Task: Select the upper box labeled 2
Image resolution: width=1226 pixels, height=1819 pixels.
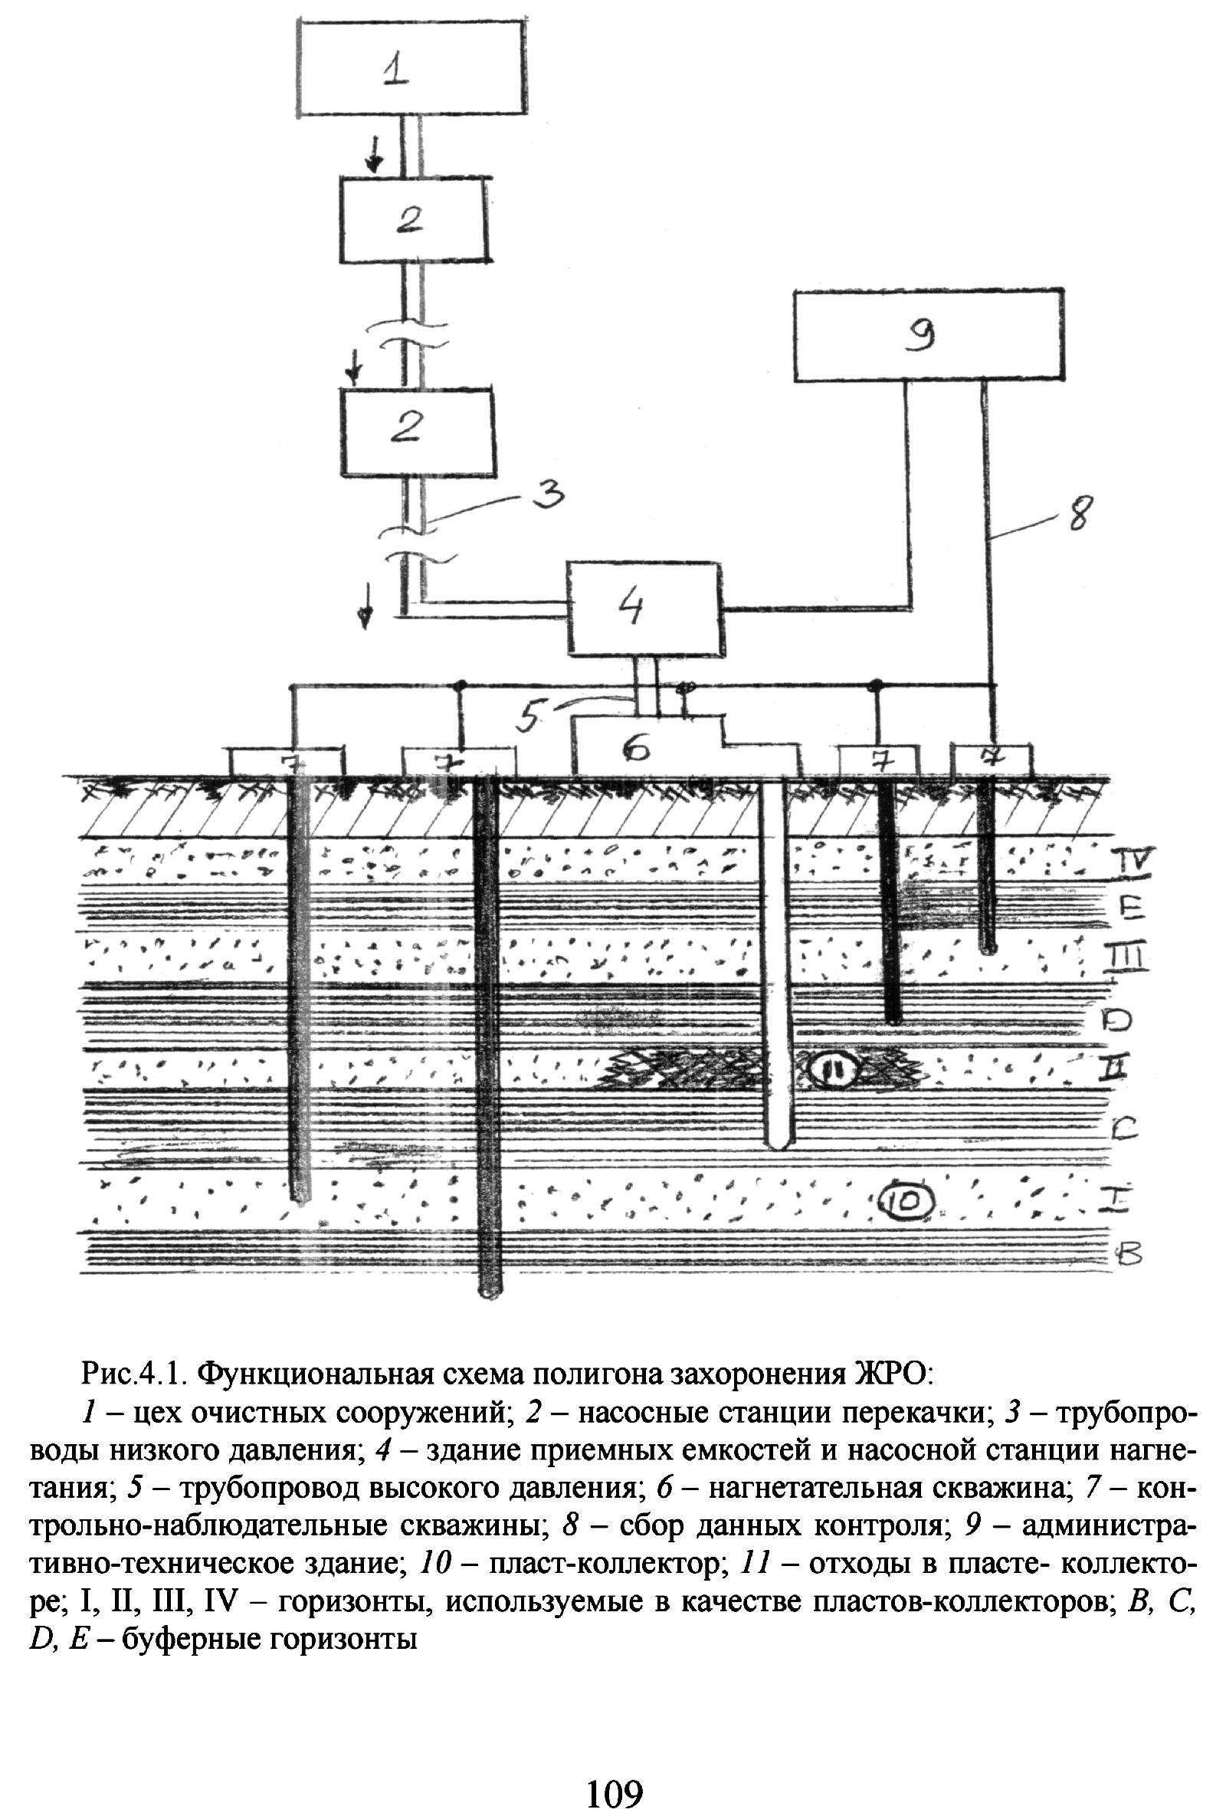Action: (414, 220)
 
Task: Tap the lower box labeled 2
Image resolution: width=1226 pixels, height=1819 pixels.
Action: (417, 431)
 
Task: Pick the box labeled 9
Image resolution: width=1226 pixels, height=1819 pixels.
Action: (928, 337)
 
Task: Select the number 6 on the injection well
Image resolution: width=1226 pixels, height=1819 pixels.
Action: (638, 749)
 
